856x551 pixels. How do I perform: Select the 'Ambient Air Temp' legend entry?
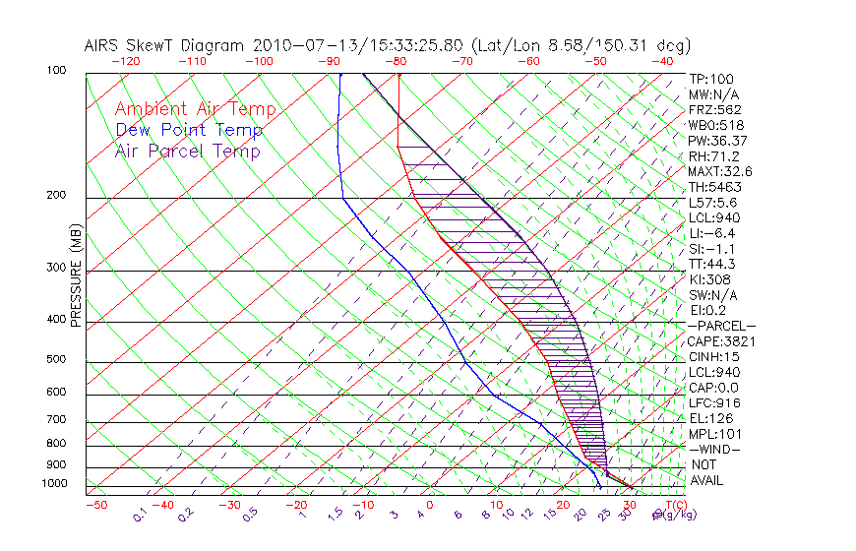pos(195,109)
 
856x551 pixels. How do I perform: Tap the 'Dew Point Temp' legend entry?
pos(189,130)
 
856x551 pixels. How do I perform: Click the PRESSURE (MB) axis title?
pos(76,275)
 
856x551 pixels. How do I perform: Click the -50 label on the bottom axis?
pos(95,505)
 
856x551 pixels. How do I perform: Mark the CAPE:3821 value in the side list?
pos(715,341)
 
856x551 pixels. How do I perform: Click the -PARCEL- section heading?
pos(721,326)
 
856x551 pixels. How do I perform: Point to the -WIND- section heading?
pos(715,449)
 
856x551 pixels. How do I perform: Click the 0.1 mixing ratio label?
pos(141,514)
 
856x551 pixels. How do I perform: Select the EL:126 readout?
pos(708,418)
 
